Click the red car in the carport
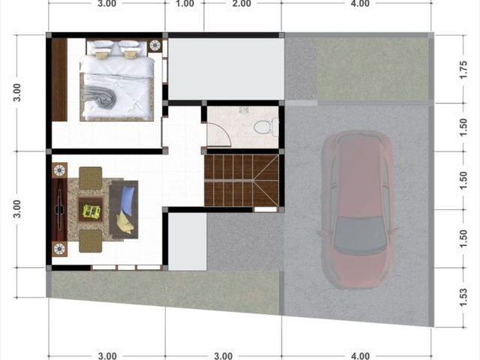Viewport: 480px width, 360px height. click(358, 210)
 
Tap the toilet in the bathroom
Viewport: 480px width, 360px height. click(266, 127)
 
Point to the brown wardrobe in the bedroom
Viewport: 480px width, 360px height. click(59, 79)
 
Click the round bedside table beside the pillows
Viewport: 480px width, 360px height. click(155, 45)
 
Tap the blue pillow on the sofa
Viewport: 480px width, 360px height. click(127, 197)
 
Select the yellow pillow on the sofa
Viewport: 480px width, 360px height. click(125, 222)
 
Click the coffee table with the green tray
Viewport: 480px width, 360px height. click(91, 209)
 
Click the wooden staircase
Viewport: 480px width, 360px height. click(241, 180)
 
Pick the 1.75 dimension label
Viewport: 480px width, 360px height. click(463, 70)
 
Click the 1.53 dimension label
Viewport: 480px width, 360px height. click(463, 297)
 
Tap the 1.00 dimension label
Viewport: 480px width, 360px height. click(184, 4)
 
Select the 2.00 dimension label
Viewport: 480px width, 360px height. click(241, 4)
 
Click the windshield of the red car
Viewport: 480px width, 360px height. click(358, 234)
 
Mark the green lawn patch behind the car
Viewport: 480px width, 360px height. click(372, 69)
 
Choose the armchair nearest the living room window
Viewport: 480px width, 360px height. click(90, 241)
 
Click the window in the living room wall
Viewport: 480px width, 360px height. click(126, 268)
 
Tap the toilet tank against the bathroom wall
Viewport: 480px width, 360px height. click(276, 127)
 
